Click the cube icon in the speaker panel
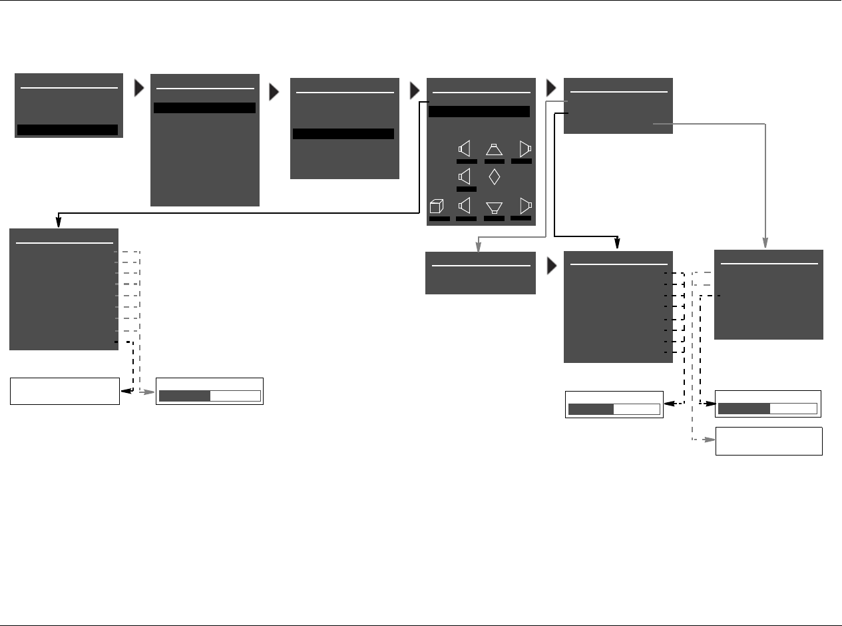(437, 206)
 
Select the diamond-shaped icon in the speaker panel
(494, 177)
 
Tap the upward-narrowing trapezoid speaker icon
(494, 149)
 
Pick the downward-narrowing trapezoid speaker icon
(494, 207)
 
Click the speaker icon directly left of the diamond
(466, 177)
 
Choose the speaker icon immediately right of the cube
(466, 206)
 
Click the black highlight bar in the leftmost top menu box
(67, 130)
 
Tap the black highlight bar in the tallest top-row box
(204, 108)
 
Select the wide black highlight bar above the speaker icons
(479, 111)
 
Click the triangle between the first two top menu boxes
(139, 89)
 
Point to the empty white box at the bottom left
(65, 391)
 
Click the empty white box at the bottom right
(769, 441)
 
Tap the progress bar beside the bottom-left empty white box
(210, 396)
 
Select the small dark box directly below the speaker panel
(481, 272)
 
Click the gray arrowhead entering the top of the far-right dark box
(766, 244)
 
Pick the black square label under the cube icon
(439, 218)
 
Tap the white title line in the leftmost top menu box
(69, 87)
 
